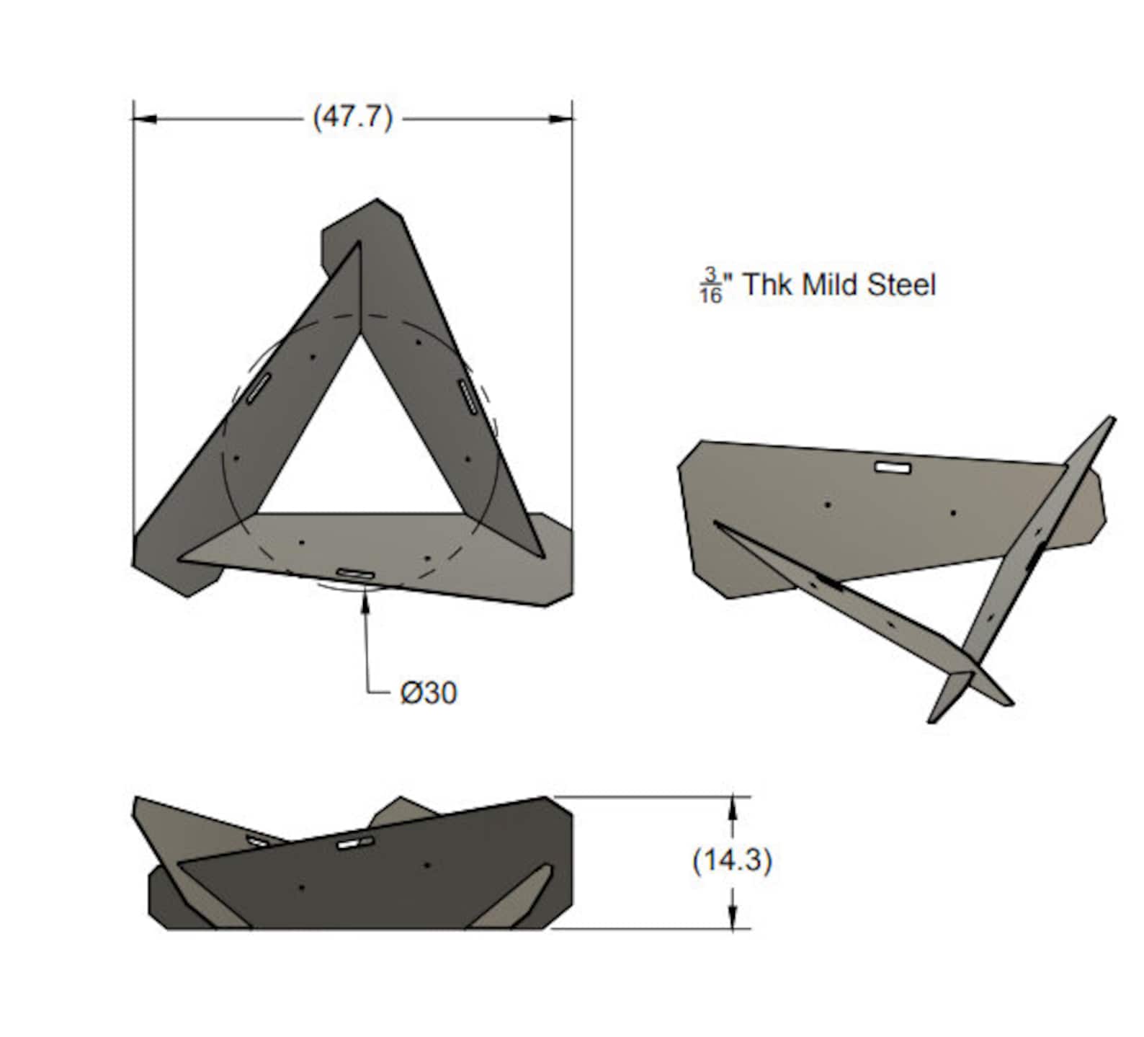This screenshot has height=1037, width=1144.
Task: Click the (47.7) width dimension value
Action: pyautogui.click(x=352, y=117)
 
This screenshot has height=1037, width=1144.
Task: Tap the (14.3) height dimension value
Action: pyautogui.click(x=732, y=860)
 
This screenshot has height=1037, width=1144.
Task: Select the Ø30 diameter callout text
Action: pyautogui.click(x=429, y=693)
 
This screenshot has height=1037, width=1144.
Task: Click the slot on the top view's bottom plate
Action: pyautogui.click(x=356, y=574)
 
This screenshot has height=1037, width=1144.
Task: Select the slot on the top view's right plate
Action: pyautogui.click(x=468, y=397)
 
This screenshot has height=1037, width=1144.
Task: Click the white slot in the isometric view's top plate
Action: pyautogui.click(x=893, y=468)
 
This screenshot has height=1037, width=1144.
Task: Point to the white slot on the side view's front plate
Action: pyautogui.click(x=356, y=842)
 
